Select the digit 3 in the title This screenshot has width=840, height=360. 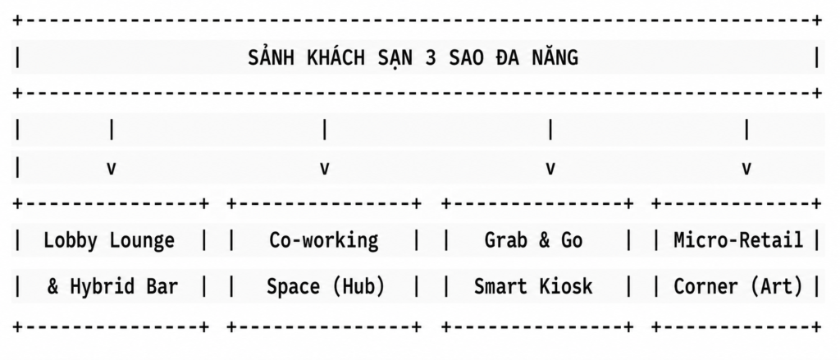point(431,58)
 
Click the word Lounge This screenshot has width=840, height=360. point(142,241)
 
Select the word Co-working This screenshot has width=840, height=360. point(324,241)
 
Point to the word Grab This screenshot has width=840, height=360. point(506,240)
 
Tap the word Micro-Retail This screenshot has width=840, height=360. point(739,240)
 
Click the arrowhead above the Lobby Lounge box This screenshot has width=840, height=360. point(112,169)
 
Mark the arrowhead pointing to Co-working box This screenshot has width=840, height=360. point(324,169)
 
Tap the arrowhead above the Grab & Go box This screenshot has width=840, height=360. point(550,169)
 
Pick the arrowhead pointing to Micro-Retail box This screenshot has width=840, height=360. point(746,169)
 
